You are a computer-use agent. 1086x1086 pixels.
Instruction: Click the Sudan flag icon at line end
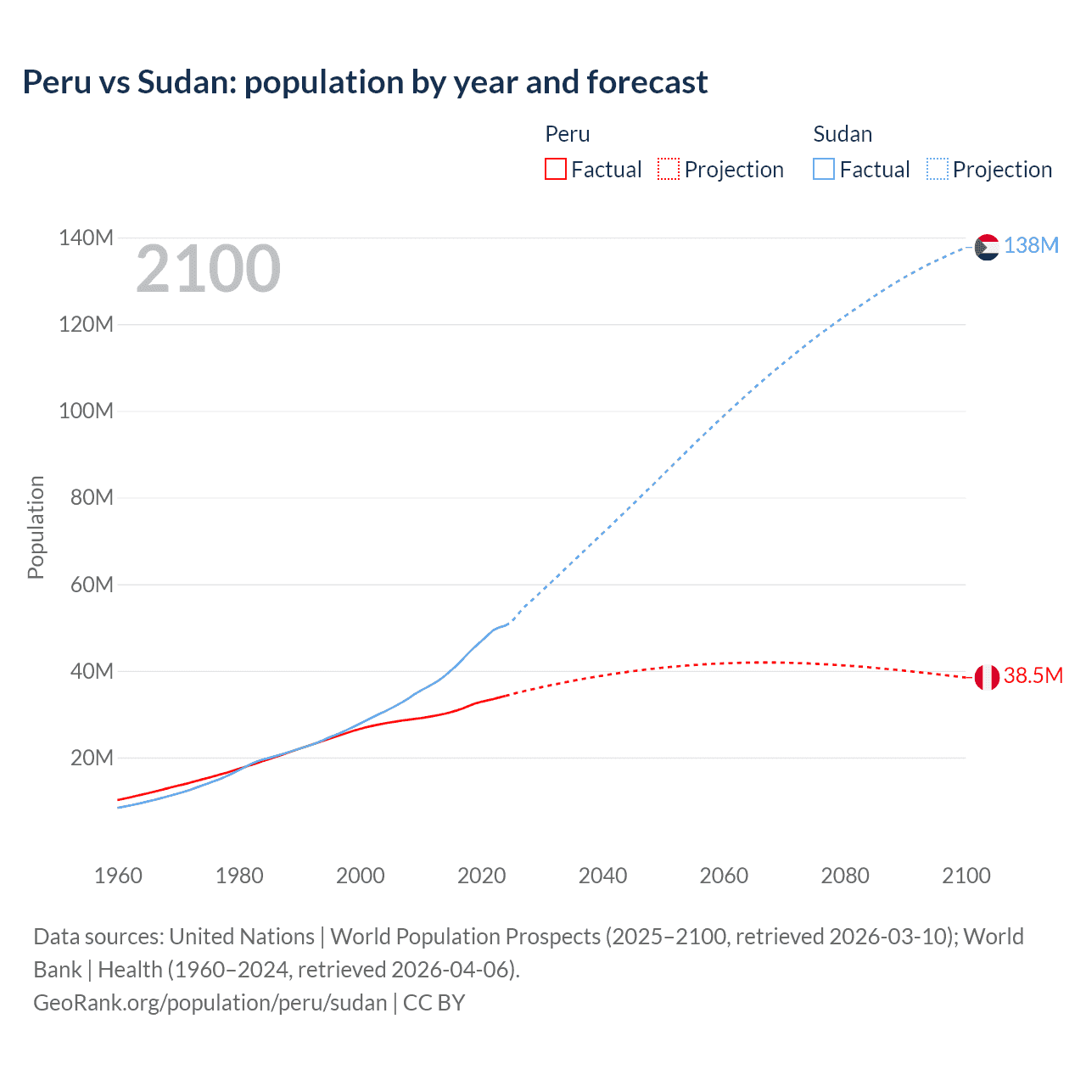point(987,247)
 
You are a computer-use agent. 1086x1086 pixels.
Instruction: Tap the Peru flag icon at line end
point(987,677)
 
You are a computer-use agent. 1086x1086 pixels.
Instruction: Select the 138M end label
point(1031,245)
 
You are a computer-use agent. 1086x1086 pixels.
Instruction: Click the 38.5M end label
point(1033,675)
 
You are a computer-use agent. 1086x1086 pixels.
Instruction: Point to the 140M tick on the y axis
point(86,238)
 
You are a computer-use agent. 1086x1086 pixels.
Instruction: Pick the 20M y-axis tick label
point(92,758)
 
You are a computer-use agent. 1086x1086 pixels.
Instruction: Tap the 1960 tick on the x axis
point(118,876)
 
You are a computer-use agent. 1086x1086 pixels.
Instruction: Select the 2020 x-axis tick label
point(481,876)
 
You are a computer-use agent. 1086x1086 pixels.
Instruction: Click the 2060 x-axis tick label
point(724,876)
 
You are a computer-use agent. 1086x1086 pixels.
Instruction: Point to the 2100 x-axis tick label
point(966,876)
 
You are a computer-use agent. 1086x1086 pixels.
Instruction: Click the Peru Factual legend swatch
point(556,169)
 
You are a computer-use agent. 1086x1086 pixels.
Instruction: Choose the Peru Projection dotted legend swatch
point(669,169)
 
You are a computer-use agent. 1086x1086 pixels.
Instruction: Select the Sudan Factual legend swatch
point(824,169)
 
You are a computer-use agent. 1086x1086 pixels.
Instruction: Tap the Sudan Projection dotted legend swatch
point(937,169)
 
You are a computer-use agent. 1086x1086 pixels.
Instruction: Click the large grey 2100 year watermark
point(208,269)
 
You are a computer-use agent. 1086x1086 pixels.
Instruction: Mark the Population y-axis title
point(36,527)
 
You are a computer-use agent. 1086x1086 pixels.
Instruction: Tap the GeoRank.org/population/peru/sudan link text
point(210,1002)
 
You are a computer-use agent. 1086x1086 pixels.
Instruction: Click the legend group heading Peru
point(567,134)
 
